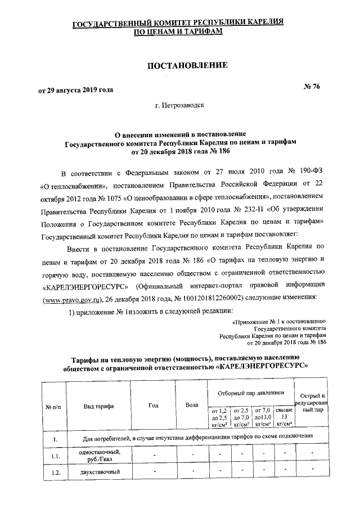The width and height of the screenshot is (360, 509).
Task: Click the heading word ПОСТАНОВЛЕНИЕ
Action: pyautogui.click(x=187, y=66)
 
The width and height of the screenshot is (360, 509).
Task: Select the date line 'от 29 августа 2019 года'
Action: pyautogui.click(x=75, y=90)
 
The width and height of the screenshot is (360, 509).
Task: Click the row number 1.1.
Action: pyautogui.click(x=55, y=456)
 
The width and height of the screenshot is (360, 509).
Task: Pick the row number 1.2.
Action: pyautogui.click(x=55, y=472)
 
